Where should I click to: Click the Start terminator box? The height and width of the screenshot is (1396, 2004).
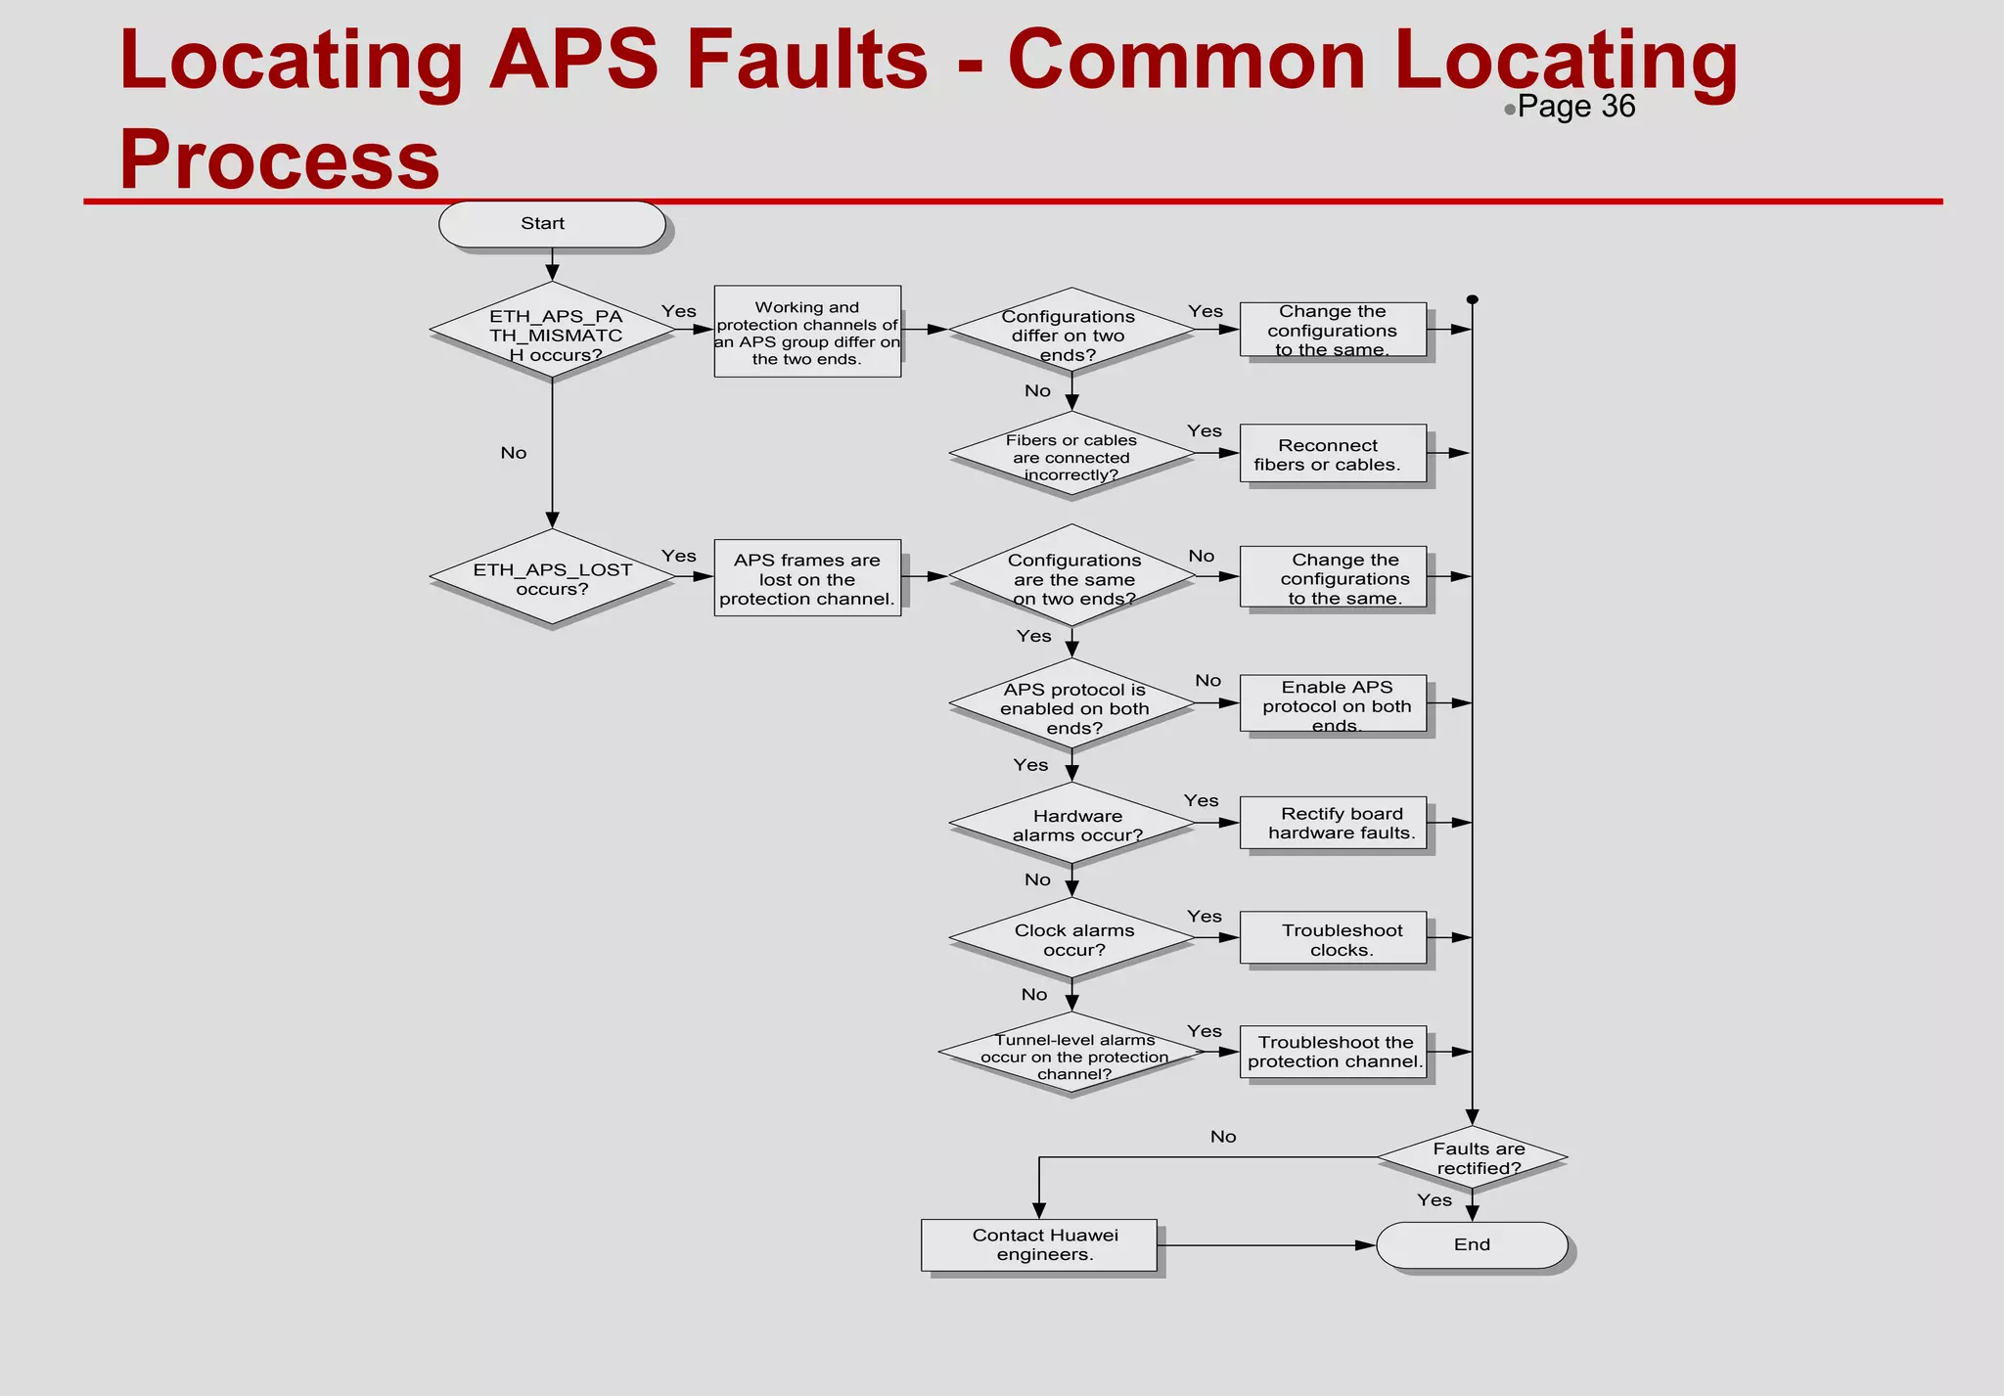point(552,224)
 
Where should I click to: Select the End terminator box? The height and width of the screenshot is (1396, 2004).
point(1471,1244)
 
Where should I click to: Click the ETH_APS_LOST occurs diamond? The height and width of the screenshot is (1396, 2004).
point(553,577)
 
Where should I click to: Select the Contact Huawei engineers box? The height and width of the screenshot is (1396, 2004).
point(1038,1244)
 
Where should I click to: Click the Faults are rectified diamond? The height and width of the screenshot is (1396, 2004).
point(1473,1157)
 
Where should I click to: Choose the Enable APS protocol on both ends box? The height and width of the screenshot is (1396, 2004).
point(1332,703)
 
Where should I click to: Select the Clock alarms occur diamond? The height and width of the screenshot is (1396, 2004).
point(1072,938)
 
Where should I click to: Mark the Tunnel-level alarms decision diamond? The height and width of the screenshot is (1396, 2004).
point(1072,1054)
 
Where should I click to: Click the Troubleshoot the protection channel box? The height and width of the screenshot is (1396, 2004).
point(1332,1052)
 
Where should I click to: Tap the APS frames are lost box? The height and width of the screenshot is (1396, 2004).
point(807,577)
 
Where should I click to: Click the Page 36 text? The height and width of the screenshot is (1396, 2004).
point(1575,107)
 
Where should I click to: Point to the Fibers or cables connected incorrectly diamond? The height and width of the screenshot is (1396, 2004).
point(1072,455)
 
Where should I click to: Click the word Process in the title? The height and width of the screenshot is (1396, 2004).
point(280,159)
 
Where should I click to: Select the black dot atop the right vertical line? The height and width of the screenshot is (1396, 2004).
point(1473,300)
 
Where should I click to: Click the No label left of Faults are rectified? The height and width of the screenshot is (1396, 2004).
point(1223,1137)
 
